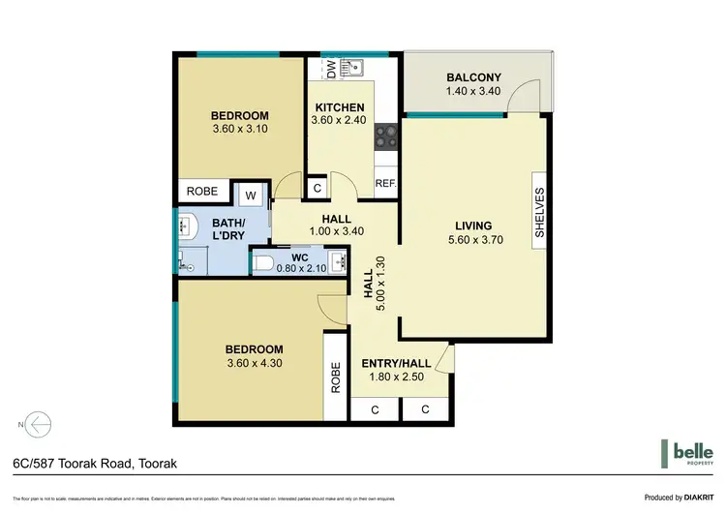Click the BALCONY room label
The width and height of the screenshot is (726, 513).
point(473,78)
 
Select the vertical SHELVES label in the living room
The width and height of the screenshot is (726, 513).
point(540,213)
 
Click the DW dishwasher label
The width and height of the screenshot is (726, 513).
point(330,69)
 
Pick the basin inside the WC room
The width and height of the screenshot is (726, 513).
point(336,261)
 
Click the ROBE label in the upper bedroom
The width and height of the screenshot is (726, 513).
point(201,193)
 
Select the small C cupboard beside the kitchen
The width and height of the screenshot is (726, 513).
point(318,188)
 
